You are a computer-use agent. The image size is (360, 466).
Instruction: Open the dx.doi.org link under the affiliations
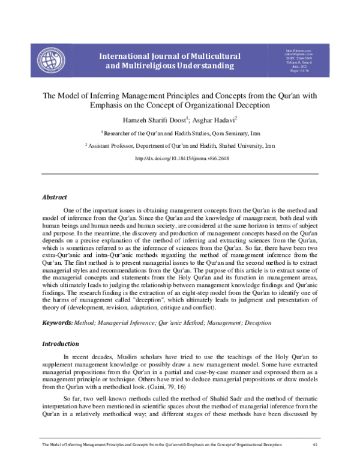[x=180, y=159]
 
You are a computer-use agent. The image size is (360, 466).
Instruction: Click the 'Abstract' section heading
[x=55, y=197]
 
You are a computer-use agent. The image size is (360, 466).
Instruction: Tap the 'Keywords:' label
[x=56, y=323]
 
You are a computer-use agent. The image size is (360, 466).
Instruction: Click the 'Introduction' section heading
[x=60, y=344]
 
